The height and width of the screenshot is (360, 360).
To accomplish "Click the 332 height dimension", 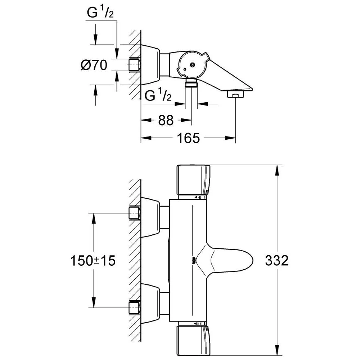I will (x=277, y=260).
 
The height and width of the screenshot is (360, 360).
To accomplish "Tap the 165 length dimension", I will (x=188, y=138).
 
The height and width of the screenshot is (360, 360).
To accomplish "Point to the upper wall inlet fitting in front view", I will (x=134, y=213).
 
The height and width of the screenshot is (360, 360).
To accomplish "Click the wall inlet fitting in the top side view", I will (x=134, y=65).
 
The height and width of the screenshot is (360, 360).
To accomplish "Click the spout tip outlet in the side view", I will (x=235, y=95).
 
